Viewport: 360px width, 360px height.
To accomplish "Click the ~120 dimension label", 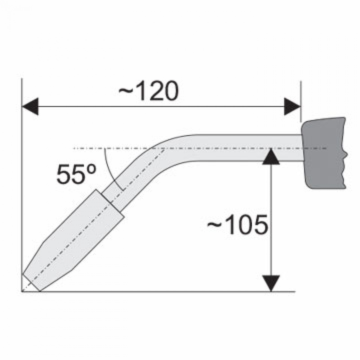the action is pyautogui.click(x=148, y=91).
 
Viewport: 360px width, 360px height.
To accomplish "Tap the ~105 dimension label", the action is pyautogui.click(x=238, y=225).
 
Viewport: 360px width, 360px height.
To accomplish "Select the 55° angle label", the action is pyautogui.click(x=76, y=174).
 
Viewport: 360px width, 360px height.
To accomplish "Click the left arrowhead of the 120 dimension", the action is pyautogui.click(x=30, y=106).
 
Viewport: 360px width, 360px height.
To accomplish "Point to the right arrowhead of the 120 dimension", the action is pyautogui.click(x=292, y=106).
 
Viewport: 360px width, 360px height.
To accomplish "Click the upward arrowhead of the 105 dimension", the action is pyautogui.click(x=271, y=157).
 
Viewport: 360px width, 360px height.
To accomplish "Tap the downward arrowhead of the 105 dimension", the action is pyautogui.click(x=271, y=283).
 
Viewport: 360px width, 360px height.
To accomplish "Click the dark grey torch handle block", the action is pyautogui.click(x=324, y=153).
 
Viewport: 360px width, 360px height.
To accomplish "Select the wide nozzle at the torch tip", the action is pyautogui.click(x=73, y=240).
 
